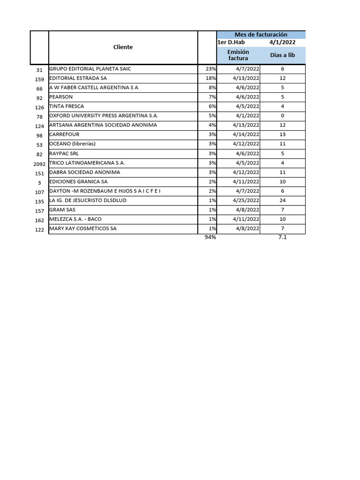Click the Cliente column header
click(x=123, y=47)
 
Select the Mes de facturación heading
click(x=261, y=35)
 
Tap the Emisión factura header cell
click(x=238, y=55)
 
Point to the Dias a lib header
click(x=282, y=55)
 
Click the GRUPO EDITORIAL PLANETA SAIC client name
click(x=90, y=69)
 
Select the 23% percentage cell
click(x=210, y=69)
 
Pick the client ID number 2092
click(x=39, y=164)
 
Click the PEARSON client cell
click(x=60, y=97)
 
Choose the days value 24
click(x=282, y=200)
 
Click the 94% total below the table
click(x=210, y=238)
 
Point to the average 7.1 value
click(x=282, y=238)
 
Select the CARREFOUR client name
click(x=64, y=135)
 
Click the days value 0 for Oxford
click(x=282, y=116)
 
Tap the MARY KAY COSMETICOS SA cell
click(x=83, y=228)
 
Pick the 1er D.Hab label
click(x=231, y=42)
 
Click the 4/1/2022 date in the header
click(x=282, y=42)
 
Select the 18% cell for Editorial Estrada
click(x=210, y=78)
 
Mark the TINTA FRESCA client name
click(x=67, y=106)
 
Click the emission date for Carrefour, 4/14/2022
click(x=246, y=135)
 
